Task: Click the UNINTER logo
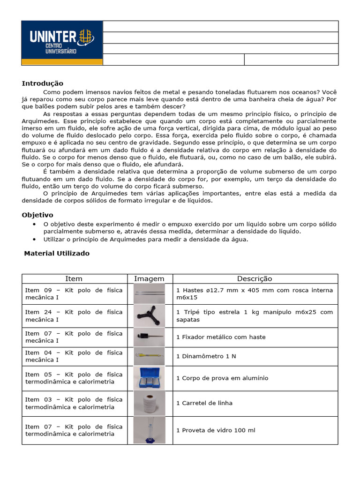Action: [62, 43]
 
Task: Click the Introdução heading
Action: [42, 83]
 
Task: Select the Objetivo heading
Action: [37, 215]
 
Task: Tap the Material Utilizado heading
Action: [57, 254]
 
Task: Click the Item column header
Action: [74, 279]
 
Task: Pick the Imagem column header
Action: [149, 279]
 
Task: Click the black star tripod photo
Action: [149, 316]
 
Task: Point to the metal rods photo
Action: [149, 294]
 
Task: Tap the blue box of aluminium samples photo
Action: [149, 378]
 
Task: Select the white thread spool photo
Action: [149, 404]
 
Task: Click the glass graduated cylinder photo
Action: [149, 430]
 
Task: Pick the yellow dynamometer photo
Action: [149, 356]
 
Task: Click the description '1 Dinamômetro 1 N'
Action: [206, 356]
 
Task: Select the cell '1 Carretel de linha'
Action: [204, 403]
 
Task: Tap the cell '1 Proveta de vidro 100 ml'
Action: [216, 430]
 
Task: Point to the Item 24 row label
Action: [74, 315]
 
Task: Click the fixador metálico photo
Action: [149, 337]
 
